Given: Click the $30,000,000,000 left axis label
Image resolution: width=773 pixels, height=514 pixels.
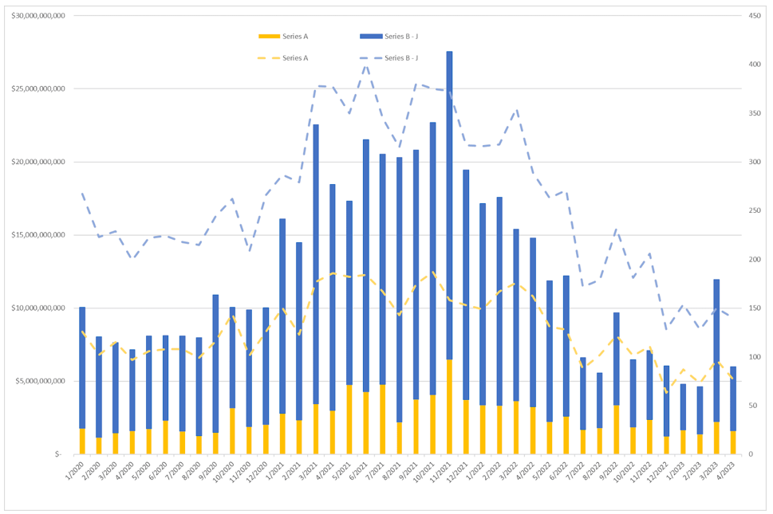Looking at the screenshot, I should tap(38, 16).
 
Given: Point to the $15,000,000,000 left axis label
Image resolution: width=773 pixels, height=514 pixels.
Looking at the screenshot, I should tap(38, 235).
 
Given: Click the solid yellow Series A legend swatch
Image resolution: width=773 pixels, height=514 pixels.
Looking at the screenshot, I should tap(270, 37).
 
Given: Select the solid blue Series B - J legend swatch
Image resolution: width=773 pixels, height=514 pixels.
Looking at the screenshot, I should tap(370, 37).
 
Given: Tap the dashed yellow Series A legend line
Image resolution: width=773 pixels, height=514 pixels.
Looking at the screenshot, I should tap(270, 57).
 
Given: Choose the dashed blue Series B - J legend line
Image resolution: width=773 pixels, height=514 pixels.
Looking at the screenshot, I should tap(370, 57).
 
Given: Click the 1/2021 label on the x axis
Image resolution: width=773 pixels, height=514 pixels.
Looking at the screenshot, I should tap(276, 471).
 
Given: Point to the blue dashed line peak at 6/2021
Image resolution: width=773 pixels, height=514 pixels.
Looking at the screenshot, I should tap(366, 64).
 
